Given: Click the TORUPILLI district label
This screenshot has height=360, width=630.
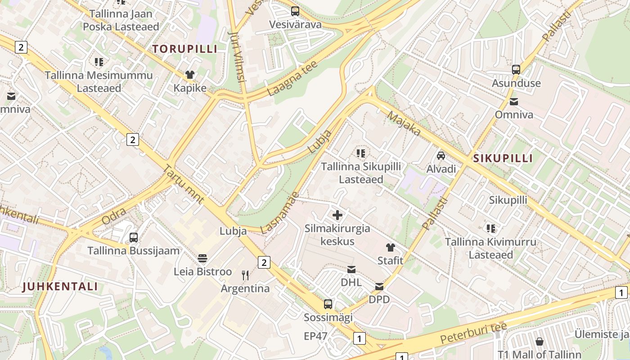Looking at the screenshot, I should click(184, 49).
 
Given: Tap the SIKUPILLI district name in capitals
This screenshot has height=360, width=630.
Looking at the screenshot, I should click(503, 158).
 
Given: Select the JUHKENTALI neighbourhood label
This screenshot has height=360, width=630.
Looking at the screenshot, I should click(60, 287).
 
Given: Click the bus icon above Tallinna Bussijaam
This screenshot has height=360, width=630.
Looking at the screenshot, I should click(134, 238).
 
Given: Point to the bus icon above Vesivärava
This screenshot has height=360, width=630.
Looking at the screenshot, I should click(295, 11).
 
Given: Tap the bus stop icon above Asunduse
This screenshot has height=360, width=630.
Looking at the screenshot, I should click(516, 70).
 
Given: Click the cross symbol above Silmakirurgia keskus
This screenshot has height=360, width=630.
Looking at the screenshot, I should click(337, 215).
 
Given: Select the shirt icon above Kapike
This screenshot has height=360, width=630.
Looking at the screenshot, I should click(190, 75).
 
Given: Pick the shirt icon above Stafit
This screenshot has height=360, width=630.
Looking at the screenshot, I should click(390, 247).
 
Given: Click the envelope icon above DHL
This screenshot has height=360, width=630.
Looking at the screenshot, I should click(351, 270).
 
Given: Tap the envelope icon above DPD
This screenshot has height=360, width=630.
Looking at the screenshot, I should click(379, 287).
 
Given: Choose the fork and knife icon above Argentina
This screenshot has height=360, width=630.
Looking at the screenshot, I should click(245, 275).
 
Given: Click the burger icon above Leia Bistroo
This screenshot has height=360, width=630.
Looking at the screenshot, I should click(202, 258).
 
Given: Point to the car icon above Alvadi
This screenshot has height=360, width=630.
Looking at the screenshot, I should click(441, 156).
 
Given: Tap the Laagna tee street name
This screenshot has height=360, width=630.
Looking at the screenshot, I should click(292, 78).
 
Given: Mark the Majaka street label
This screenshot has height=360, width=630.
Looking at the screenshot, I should click(404, 125).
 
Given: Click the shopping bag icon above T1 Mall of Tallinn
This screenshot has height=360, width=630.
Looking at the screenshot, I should click(539, 342).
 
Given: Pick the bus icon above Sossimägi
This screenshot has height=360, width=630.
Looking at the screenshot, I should click(328, 304).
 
